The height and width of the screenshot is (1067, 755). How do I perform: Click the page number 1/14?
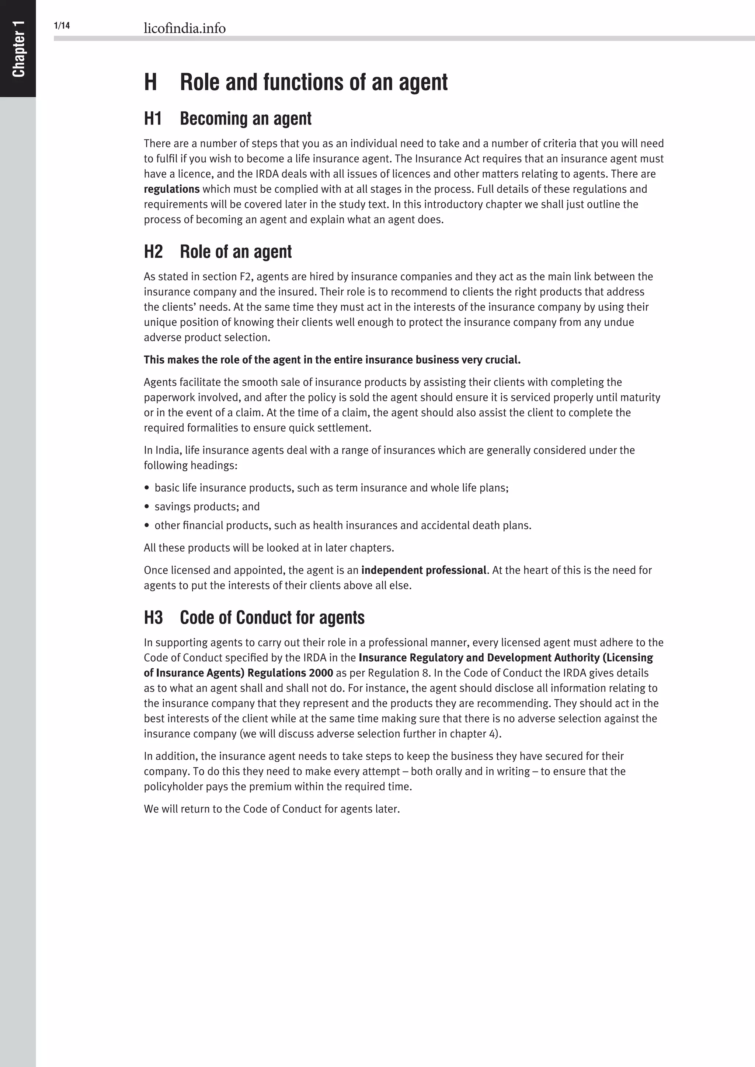62,25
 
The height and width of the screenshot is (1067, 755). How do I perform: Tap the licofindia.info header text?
185,28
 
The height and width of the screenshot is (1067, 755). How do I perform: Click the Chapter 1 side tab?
18,48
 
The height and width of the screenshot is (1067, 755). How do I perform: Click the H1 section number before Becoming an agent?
153,119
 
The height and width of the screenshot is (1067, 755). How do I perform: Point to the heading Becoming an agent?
246,119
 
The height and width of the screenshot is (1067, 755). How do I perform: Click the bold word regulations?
171,189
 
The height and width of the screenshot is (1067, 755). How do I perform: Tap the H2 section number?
153,252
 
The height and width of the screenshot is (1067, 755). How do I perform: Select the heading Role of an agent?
236,252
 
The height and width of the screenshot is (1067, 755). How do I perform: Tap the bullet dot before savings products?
147,507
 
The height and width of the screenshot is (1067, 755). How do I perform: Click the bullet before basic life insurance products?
147,488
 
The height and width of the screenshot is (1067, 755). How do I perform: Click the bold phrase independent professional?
424,570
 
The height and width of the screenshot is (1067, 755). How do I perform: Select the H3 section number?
153,618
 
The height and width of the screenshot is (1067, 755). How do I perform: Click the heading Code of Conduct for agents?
272,618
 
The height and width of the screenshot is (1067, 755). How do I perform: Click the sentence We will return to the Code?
271,809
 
